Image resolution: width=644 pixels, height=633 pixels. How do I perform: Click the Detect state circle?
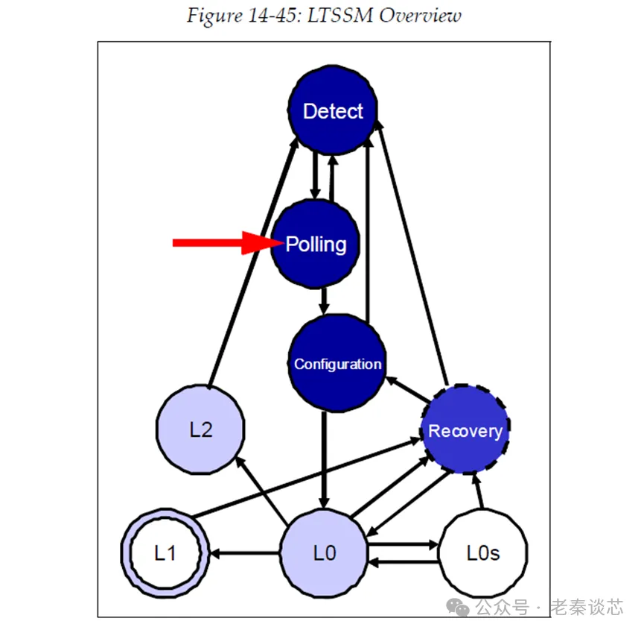[x=333, y=111]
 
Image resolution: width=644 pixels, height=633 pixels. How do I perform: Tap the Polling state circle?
[x=316, y=244]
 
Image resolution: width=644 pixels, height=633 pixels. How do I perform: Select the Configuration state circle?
[x=337, y=364]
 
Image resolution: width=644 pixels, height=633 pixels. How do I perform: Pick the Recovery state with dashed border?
[x=465, y=430]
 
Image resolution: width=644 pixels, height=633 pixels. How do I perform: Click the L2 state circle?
[x=201, y=429]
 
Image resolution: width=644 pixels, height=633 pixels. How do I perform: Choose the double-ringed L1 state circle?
[x=165, y=553]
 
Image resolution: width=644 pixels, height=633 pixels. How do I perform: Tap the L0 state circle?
[x=324, y=553]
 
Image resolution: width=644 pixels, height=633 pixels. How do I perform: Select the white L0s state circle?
[x=483, y=553]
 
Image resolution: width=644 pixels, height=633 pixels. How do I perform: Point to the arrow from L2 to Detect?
[x=247, y=268]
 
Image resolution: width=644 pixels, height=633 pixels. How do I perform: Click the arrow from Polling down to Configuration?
[x=323, y=300]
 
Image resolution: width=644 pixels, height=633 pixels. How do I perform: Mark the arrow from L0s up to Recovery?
[x=478, y=493]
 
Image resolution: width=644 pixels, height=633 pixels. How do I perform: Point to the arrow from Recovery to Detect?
[x=413, y=253]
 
